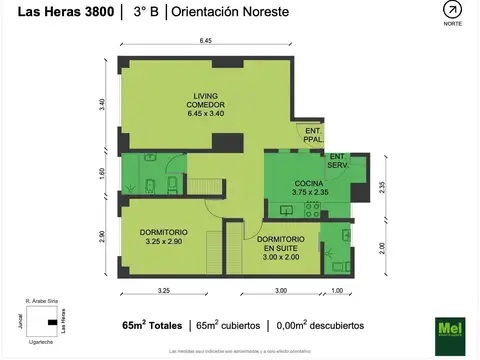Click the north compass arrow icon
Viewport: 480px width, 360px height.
point(453,11)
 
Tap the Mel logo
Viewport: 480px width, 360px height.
point(450,330)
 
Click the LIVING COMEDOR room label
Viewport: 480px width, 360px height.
point(206,105)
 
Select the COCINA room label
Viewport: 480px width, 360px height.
point(308,186)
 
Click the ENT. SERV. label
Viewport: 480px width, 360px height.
point(337,160)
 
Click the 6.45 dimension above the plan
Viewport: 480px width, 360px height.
point(205,41)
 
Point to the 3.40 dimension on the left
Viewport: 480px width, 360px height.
point(102,105)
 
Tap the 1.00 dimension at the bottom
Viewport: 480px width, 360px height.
point(337,291)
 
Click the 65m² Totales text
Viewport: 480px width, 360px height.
point(151,326)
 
